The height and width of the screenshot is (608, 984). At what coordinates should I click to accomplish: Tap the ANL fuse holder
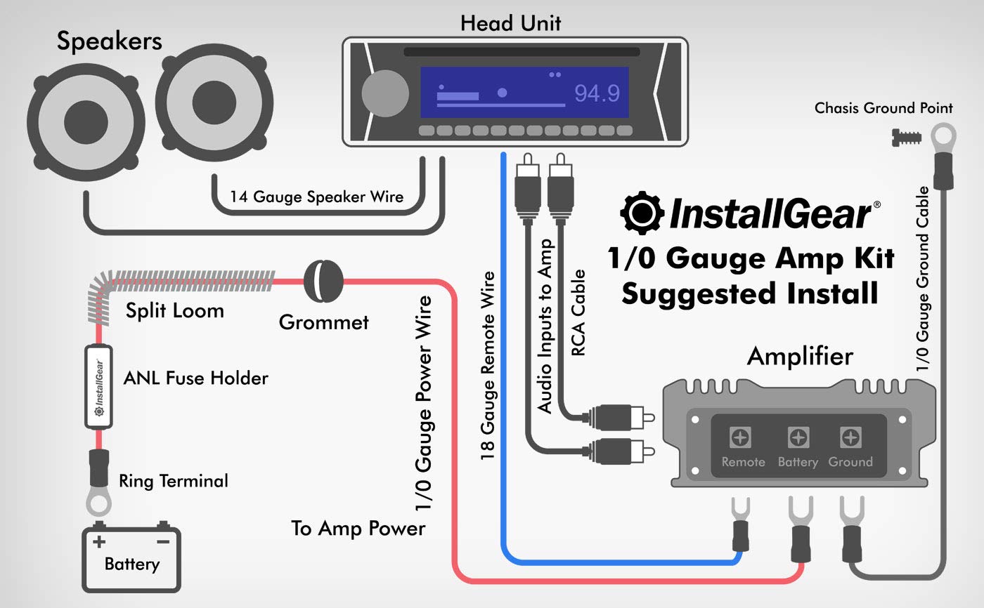[x=99, y=387]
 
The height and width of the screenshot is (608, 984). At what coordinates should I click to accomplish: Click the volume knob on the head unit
[x=384, y=93]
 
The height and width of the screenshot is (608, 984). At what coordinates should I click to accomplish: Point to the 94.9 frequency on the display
[x=597, y=93]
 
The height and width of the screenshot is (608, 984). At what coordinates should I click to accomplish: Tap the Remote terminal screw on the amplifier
[x=739, y=438]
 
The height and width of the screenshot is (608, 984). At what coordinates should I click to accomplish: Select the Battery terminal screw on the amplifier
[x=798, y=438]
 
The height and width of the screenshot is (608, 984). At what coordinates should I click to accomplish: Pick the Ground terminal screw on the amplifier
[x=850, y=438]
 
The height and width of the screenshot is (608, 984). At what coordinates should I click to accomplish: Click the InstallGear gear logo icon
[x=641, y=213]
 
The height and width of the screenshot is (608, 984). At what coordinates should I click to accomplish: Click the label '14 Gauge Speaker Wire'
[x=316, y=197]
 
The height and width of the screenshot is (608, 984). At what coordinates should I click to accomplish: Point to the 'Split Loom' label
[x=174, y=310]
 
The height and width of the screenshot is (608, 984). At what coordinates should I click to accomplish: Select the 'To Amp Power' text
[x=358, y=528]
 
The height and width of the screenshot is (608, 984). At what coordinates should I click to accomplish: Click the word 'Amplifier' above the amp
[x=800, y=356]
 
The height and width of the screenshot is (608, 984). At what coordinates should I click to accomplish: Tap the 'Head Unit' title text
[x=511, y=22]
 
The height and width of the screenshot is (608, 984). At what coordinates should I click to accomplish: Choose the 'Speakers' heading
[x=110, y=41]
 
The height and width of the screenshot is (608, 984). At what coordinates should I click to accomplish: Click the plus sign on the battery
[x=99, y=541]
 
